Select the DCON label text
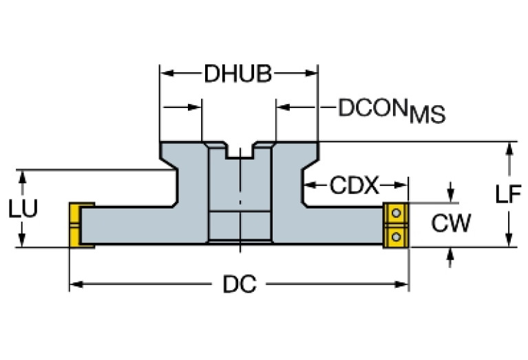tap(371, 107)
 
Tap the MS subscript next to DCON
tap(427, 115)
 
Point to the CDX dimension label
tap(355, 185)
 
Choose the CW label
tap(451, 222)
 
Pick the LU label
tap(23, 209)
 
